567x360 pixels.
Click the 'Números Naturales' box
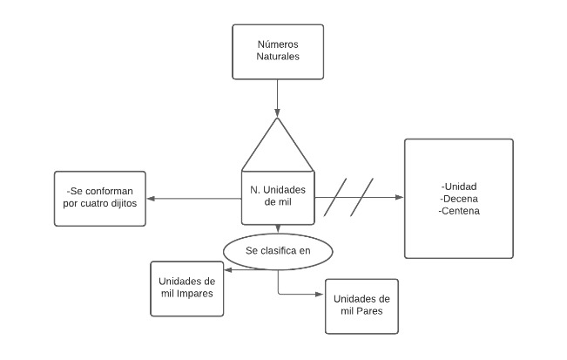[x=277, y=51]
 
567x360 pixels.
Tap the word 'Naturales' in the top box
[x=277, y=58]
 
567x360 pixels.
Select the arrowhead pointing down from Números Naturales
[x=277, y=112]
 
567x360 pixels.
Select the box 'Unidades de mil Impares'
[x=186, y=288]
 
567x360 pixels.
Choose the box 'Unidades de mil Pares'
[x=361, y=305]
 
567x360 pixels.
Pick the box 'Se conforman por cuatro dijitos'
[x=99, y=199]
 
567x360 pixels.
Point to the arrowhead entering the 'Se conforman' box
[x=150, y=199]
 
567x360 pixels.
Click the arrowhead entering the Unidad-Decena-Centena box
[x=400, y=199]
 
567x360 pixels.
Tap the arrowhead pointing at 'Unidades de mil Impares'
[x=227, y=269]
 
